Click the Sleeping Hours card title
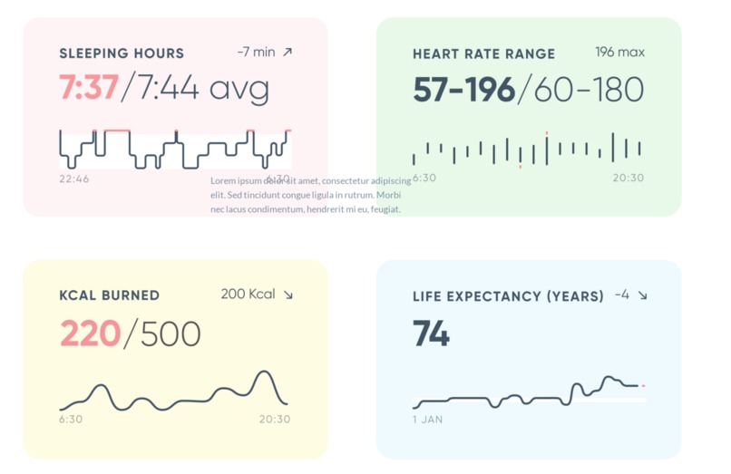pyautogui.click(x=122, y=53)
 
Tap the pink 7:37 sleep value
pyautogui.click(x=89, y=88)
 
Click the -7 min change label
pyautogui.click(x=256, y=52)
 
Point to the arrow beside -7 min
pyautogui.click(x=288, y=52)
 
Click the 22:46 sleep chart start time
pyautogui.click(x=74, y=179)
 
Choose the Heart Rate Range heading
pyautogui.click(x=483, y=53)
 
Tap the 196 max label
pyautogui.click(x=619, y=52)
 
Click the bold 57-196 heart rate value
pyautogui.click(x=463, y=90)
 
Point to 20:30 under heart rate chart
pyautogui.click(x=628, y=178)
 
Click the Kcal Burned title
pyautogui.click(x=109, y=295)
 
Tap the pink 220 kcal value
pyautogui.click(x=90, y=334)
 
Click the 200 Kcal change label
pyautogui.click(x=248, y=294)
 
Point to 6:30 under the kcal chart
pyautogui.click(x=71, y=419)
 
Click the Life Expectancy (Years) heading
pyautogui.click(x=508, y=296)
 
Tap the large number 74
pyautogui.click(x=431, y=334)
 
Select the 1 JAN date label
pyautogui.click(x=428, y=420)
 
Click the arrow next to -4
pyautogui.click(x=643, y=295)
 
